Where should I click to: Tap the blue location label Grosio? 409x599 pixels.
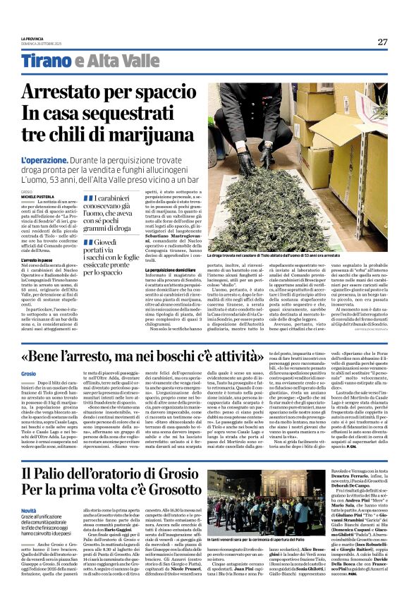(x=29, y=372)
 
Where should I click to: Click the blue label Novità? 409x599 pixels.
(x=30, y=510)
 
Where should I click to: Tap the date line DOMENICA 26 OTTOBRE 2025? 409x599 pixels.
(x=41, y=44)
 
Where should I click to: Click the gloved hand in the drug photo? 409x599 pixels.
(x=250, y=120)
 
